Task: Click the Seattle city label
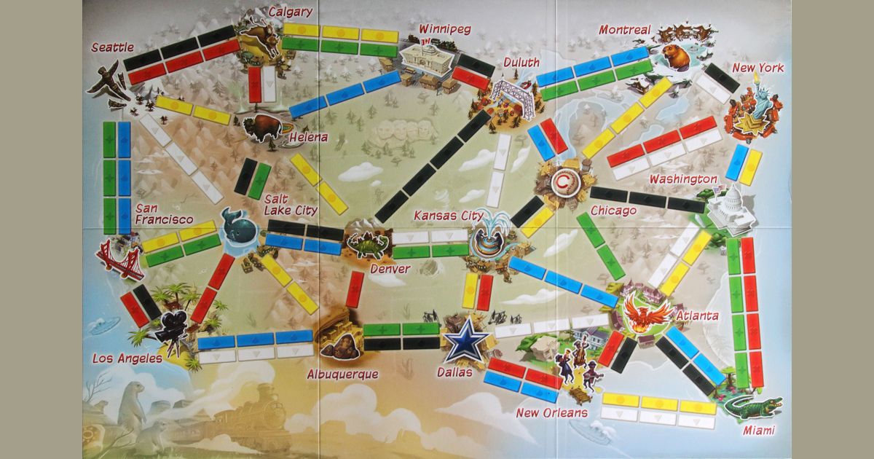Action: pos(113,48)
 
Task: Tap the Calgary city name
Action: pos(290,12)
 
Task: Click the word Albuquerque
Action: pos(342,374)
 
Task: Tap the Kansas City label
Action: pos(448,216)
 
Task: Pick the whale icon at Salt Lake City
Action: pos(238,226)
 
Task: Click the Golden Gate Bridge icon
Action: pos(120,259)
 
